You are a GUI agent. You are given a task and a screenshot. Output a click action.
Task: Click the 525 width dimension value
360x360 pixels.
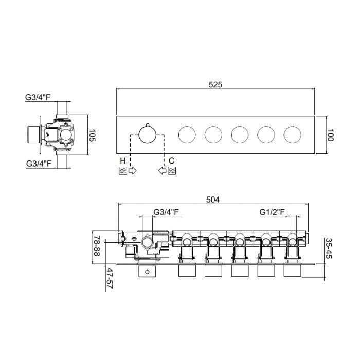[215, 85]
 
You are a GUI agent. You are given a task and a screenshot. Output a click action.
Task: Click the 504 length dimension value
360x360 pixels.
[213, 200]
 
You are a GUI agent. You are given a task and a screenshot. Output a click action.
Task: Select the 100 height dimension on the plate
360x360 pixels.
[330, 135]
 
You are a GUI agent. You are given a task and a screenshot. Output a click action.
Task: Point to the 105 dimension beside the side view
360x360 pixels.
[92, 135]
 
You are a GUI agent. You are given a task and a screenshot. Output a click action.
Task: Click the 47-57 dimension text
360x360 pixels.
[110, 278]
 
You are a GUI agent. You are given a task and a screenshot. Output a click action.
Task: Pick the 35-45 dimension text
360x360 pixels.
[329, 248]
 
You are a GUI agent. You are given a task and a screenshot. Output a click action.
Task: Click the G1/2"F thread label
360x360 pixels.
[272, 212]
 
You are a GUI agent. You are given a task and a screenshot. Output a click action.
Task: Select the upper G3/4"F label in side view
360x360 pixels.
[38, 97]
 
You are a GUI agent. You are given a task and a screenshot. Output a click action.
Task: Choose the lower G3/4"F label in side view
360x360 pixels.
[39, 164]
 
